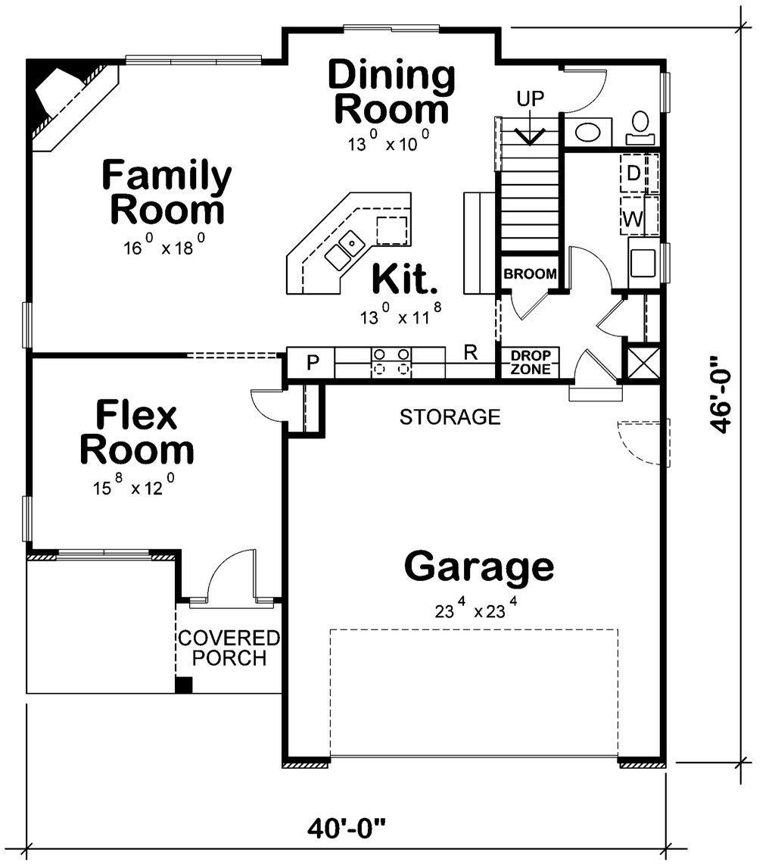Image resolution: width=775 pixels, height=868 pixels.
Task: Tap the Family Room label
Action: point(167,192)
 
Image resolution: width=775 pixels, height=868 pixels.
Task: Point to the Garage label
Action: point(478,567)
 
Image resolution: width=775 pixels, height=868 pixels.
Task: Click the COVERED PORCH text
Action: point(228,648)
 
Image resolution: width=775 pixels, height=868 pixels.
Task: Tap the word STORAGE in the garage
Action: point(450,417)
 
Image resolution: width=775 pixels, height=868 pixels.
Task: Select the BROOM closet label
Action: point(531,274)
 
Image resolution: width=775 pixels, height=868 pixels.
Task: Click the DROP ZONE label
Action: point(530,363)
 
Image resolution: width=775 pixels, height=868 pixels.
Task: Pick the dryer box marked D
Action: point(633,173)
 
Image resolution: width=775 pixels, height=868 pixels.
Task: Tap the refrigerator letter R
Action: point(469,352)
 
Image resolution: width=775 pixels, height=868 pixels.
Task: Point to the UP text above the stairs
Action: point(530,98)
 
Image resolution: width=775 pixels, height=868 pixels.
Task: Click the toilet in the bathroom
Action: point(640,126)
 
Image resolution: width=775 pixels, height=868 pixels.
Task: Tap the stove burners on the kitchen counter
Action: point(391,361)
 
